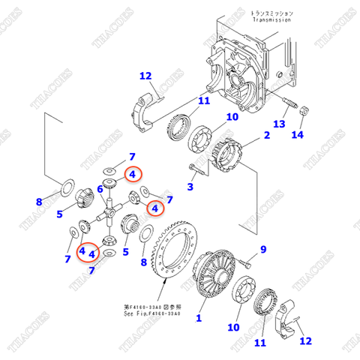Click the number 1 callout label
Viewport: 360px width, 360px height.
pos(199,318)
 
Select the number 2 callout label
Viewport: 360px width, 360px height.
pos(266,136)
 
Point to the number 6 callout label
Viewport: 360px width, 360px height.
pos(99,190)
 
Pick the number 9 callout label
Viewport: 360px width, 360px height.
pos(263,249)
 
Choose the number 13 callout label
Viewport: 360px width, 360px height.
pos(279,124)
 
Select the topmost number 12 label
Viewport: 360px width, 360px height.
pos(145,75)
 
